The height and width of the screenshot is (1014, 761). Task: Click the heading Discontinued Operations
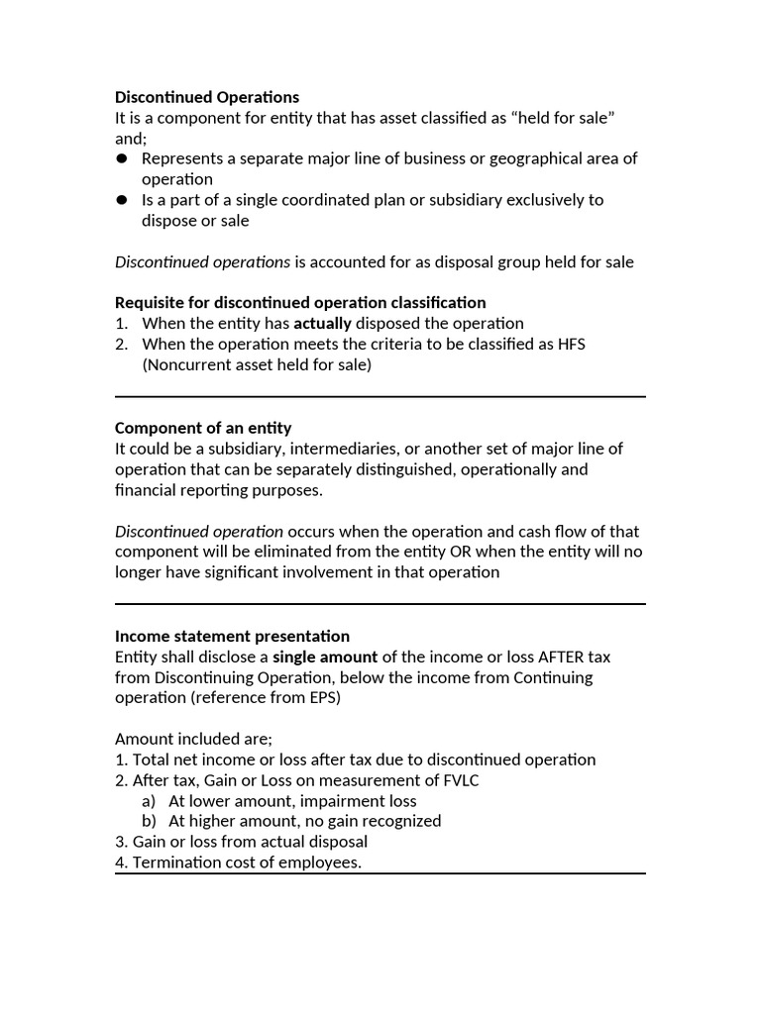[206, 97]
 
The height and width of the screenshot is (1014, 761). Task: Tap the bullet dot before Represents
[122, 158]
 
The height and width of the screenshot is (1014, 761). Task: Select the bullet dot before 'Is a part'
[122, 200]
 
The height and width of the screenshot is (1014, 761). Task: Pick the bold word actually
[322, 323]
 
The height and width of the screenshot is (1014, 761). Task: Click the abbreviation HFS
[582, 344]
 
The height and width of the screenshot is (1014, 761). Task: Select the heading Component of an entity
[203, 428]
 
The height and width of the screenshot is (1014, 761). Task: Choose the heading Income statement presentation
[232, 636]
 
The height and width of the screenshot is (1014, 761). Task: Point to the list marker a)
[150, 801]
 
